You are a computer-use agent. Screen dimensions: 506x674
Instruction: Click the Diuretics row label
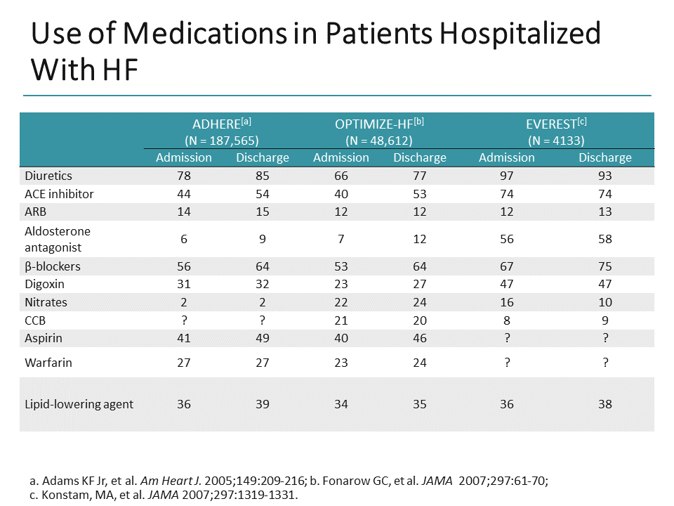[x=48, y=176]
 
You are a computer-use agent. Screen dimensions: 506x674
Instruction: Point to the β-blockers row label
[x=53, y=266]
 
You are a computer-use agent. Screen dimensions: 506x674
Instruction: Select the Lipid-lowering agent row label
[x=79, y=404]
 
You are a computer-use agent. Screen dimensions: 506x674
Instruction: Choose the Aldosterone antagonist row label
[x=58, y=239]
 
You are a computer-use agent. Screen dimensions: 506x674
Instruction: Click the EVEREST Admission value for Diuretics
[x=506, y=176]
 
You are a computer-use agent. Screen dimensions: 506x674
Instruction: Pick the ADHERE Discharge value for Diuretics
[x=262, y=176]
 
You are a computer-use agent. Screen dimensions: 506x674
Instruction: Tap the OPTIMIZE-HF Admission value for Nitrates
[x=341, y=302]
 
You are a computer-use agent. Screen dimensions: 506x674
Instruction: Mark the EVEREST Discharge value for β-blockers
[x=604, y=266]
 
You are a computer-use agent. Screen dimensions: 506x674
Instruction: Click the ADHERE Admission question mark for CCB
[x=183, y=320]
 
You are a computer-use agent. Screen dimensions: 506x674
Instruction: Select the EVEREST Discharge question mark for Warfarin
[x=604, y=363]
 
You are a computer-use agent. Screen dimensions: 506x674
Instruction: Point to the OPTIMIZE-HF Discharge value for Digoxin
[x=419, y=285]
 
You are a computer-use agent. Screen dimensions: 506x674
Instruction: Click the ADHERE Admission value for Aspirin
[x=183, y=339]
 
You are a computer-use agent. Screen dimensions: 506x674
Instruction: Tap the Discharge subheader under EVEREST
[x=604, y=157]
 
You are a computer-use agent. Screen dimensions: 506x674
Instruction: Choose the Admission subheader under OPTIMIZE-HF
[x=341, y=157]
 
